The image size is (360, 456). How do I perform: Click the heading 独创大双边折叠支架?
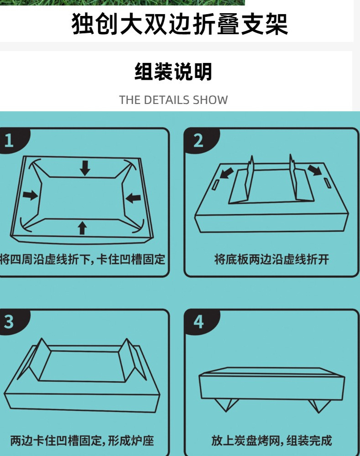coord(180,24)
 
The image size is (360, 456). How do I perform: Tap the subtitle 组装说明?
coord(173,72)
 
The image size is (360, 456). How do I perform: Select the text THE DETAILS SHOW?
coord(173,100)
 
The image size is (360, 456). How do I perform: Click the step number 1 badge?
coord(10,140)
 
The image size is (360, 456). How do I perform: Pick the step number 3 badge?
coord(10,321)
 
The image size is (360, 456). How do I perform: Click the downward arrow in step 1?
coord(85,168)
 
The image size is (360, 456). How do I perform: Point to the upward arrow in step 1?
coord(82,227)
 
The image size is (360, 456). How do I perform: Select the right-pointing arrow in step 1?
coord(31,195)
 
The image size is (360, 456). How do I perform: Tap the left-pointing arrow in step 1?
coord(133,198)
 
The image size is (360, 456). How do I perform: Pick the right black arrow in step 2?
coord(314,171)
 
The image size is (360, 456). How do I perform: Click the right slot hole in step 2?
coord(327,183)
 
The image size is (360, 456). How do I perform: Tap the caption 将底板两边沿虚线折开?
coord(271,260)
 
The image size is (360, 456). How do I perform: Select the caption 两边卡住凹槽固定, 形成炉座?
coord(82,441)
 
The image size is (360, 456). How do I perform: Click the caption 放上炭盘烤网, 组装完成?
coord(271,441)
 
